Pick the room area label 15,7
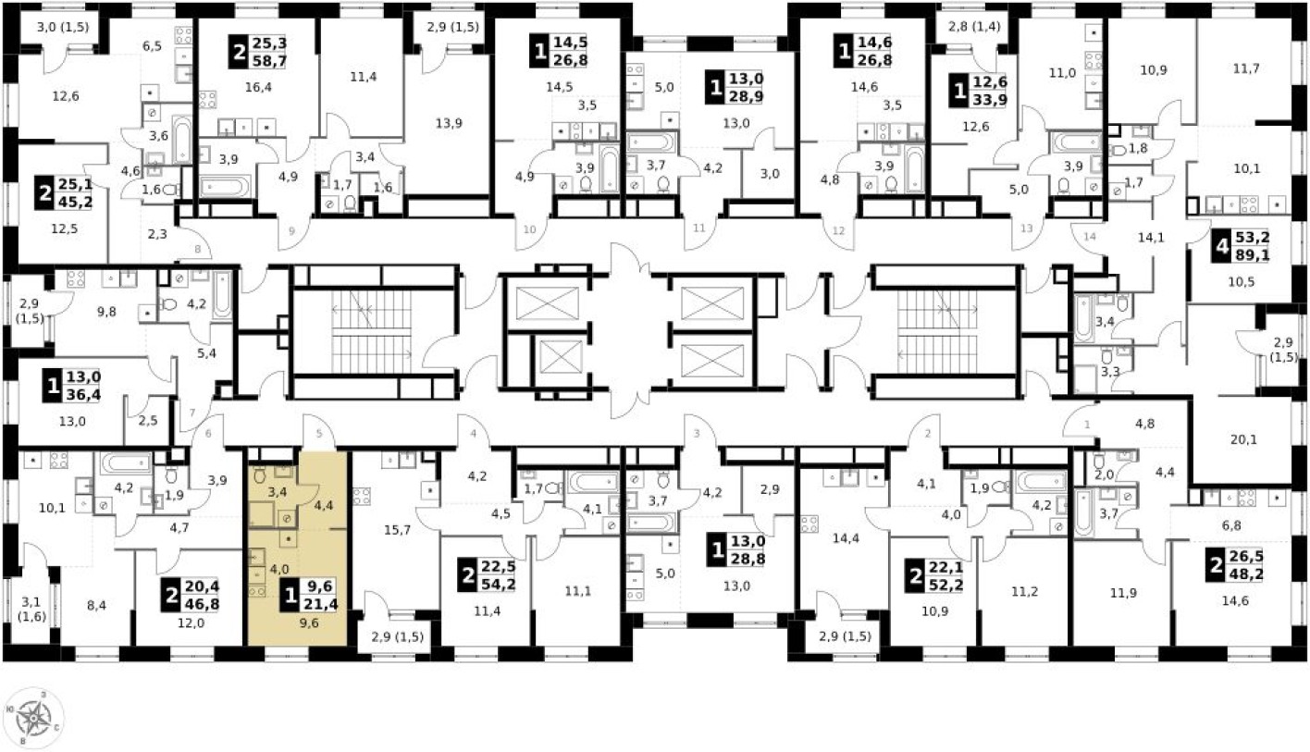click(x=396, y=529)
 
